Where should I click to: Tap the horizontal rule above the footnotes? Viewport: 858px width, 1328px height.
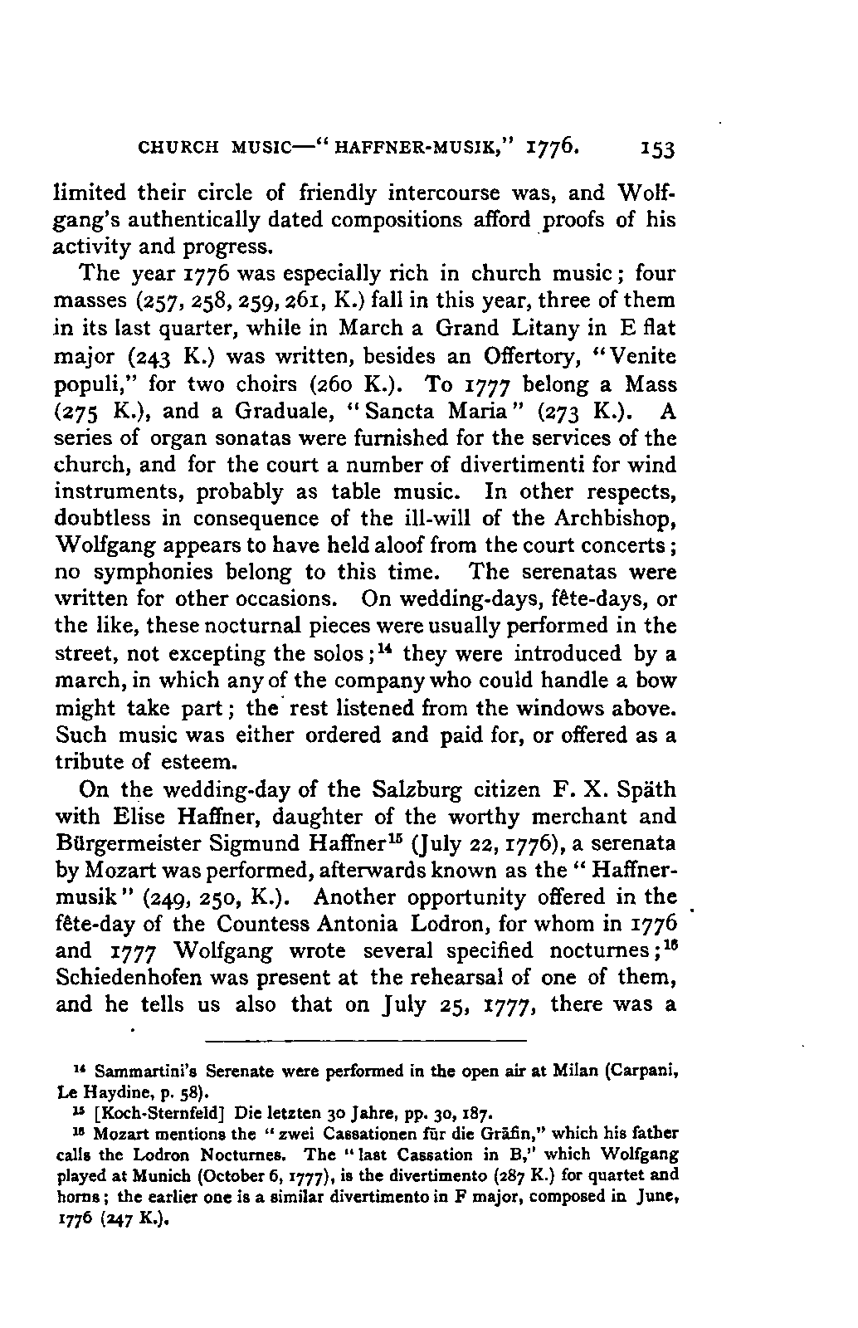[x=366, y=1040]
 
